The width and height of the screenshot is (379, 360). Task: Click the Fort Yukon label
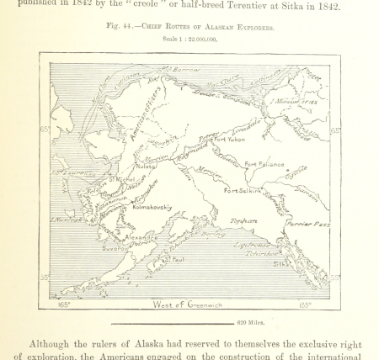[229, 139]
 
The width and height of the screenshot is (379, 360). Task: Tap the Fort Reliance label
[264, 164]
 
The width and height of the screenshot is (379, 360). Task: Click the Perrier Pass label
[307, 225]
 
